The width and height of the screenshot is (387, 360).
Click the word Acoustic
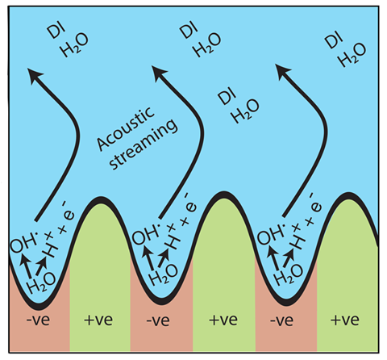click(126, 128)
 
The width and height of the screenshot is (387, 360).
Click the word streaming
click(144, 144)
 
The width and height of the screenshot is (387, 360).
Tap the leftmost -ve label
click(38, 320)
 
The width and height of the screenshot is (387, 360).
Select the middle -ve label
click(158, 320)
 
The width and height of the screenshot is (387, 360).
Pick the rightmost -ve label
click(281, 320)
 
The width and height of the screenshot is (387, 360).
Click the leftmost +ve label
click(98, 320)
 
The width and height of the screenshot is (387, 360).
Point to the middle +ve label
click(223, 320)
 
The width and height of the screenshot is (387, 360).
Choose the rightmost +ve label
click(345, 320)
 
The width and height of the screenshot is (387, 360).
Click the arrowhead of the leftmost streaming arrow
click(35, 75)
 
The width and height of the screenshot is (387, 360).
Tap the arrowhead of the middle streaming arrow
click(160, 73)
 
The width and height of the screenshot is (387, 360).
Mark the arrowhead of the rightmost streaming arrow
click(283, 71)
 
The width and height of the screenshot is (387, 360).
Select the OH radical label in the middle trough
click(147, 233)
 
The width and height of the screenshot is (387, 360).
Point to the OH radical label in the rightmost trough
click(272, 233)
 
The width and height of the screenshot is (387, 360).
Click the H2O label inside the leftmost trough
click(41, 283)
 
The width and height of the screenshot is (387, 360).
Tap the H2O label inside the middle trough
click(164, 274)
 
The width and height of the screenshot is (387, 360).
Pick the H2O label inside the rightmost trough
click(289, 274)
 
